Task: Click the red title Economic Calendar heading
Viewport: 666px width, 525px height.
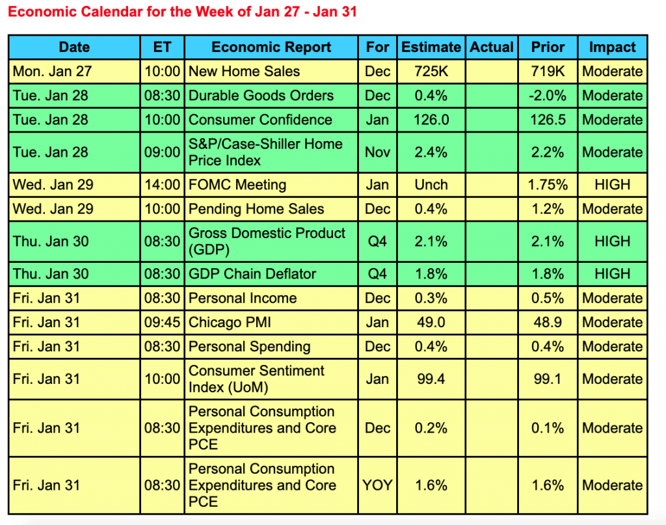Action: point(182,12)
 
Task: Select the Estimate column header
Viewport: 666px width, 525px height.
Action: point(431,47)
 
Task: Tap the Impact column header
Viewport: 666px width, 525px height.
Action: point(612,47)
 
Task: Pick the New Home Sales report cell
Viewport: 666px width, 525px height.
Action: point(244,72)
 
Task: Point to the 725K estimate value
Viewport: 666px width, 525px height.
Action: point(431,72)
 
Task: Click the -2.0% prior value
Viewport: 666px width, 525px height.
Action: point(547,96)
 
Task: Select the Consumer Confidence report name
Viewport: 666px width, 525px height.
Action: point(260,120)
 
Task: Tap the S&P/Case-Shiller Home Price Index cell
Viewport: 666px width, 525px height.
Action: point(265,152)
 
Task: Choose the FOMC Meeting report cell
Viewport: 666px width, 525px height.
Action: point(237,185)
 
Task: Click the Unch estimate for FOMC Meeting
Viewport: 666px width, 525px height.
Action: point(431,185)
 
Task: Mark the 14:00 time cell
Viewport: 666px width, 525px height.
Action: point(162,185)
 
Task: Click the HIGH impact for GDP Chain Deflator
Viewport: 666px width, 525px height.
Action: point(612,274)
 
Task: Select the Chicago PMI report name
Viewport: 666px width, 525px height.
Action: point(230,322)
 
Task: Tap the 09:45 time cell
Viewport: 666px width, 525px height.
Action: point(162,322)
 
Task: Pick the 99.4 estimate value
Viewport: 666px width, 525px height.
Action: point(431,379)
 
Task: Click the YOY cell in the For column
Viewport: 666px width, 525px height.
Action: point(377,485)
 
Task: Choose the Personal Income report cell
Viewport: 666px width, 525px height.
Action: point(243,298)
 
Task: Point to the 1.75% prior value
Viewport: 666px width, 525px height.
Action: point(547,185)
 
